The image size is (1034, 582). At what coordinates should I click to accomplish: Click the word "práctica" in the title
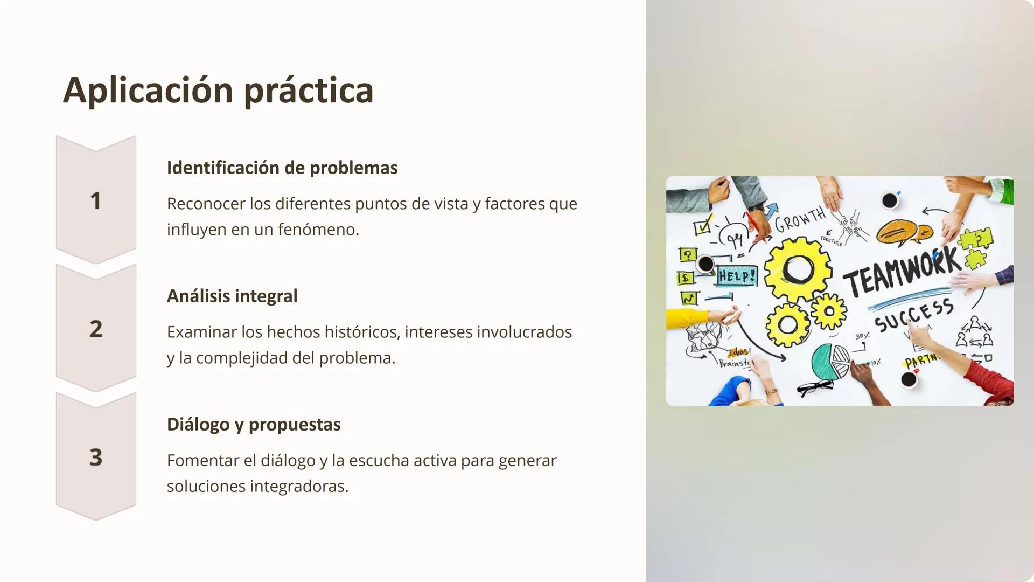pos(308,91)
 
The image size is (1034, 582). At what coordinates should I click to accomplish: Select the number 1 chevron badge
pos(96,200)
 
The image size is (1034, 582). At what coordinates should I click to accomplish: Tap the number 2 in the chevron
pos(96,329)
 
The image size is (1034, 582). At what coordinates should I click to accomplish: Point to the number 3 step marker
pos(96,457)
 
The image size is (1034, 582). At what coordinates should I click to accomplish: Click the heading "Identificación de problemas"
pos(282,168)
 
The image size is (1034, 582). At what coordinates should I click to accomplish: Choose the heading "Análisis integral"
pos(232,296)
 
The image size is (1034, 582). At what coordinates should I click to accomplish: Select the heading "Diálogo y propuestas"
pos(253,424)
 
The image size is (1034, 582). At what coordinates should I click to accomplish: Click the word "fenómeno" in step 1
pos(318,230)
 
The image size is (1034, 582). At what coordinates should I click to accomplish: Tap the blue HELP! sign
pos(737,276)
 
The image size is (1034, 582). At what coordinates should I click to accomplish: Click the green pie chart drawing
pos(829,361)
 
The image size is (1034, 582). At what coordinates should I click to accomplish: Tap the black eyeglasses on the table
pos(815,387)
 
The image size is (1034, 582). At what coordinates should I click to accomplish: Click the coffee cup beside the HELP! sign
pos(705,264)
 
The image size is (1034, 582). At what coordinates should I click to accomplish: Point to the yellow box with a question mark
pos(688,254)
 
